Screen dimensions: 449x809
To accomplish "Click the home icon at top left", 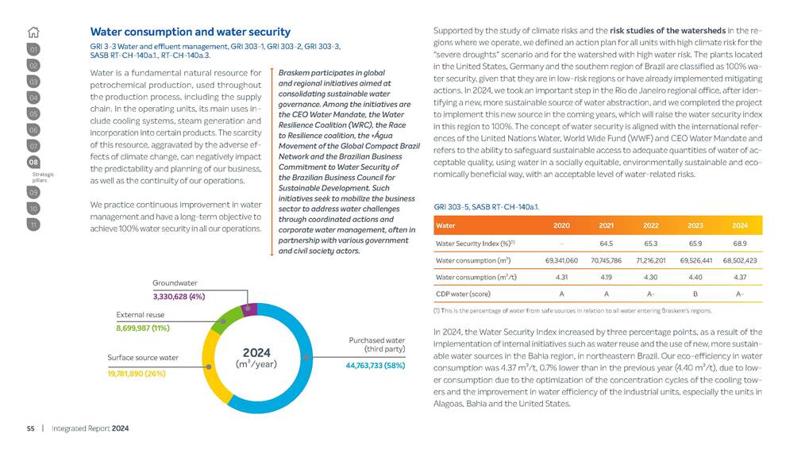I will point(33,33).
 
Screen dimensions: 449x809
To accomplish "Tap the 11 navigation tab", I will point(33,224).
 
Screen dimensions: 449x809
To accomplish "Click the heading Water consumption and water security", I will point(190,33).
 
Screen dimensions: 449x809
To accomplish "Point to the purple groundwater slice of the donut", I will point(249,309).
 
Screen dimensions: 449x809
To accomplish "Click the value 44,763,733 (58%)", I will point(376,366).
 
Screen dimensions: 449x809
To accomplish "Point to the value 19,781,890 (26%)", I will point(136,373).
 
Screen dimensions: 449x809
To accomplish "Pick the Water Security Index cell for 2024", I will point(739,243).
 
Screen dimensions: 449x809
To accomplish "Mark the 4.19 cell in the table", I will point(607,277).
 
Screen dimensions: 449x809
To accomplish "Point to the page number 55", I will point(31,428).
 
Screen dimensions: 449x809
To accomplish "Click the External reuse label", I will point(140,314).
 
